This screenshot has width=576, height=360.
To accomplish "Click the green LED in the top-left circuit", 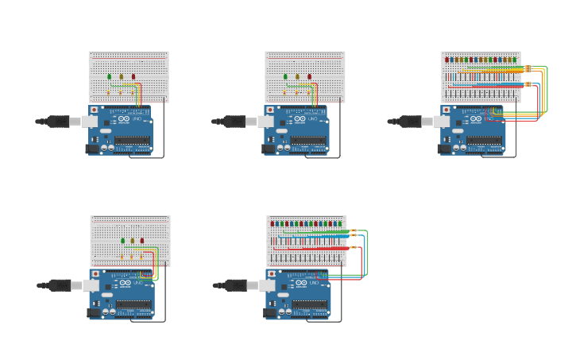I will (110, 77).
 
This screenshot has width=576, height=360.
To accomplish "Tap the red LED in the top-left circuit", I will (133, 77).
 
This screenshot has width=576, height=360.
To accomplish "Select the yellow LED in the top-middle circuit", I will (298, 77).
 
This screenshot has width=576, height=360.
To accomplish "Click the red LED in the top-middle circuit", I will (310, 77).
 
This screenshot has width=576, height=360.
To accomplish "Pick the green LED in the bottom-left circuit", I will (122, 240).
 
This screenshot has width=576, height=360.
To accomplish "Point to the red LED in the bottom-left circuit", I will (142, 240).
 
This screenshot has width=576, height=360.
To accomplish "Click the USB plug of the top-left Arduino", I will (60, 122).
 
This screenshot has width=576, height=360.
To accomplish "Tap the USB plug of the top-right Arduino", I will (412, 122).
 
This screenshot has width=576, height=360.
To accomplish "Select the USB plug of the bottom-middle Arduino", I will (236, 285).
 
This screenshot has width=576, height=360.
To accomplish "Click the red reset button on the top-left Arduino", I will (95, 110).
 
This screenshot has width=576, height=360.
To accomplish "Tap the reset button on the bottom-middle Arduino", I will (271, 273).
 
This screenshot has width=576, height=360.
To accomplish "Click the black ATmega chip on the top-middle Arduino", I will (307, 141).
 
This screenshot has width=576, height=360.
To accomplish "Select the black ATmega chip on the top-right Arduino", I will (484, 141).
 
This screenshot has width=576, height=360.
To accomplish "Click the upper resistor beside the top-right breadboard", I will (528, 68).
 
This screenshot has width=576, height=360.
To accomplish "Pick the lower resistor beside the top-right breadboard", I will (528, 83).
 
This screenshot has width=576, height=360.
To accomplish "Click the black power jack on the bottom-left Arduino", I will (93, 312).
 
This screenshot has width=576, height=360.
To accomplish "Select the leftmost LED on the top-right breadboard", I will (447, 60).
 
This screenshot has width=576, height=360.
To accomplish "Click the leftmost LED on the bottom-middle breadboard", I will (273, 223).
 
